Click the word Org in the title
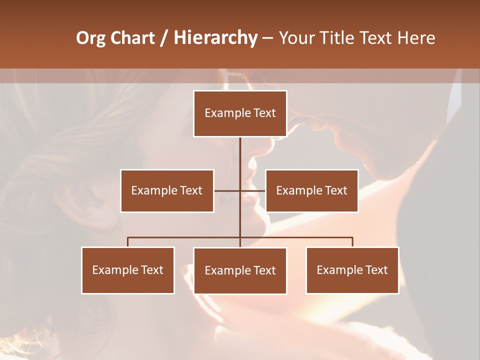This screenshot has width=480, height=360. [90, 38]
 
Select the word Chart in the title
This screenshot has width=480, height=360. [132, 38]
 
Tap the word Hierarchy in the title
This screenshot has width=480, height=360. [215, 38]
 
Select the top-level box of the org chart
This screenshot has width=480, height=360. [240, 113]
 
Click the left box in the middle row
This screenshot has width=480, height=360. [167, 190]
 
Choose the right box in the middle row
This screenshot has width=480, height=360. [311, 190]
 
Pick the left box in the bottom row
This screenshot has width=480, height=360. [128, 270]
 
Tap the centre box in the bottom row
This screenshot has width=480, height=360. [240, 270]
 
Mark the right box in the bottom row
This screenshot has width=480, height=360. [352, 270]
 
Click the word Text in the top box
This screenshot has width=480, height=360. [265, 113]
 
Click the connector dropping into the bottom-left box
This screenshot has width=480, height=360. [128, 242]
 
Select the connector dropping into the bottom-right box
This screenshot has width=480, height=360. [352, 242]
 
